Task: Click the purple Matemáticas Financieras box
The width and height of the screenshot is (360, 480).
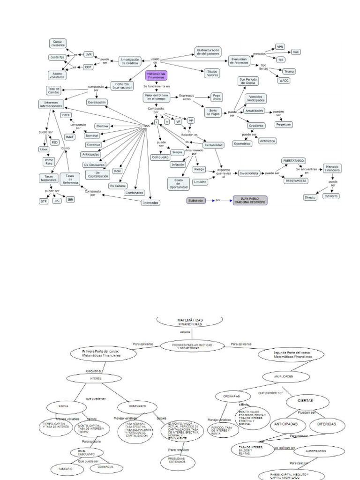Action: point(156,75)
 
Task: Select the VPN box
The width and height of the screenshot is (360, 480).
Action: point(280,47)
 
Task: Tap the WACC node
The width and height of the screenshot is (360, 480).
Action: point(285,81)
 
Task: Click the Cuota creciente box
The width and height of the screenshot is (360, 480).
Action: point(58,43)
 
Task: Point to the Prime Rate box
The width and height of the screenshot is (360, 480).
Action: point(49,161)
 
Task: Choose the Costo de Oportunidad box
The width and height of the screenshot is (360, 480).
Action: point(179,183)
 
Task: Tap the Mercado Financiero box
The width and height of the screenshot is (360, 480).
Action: point(332,169)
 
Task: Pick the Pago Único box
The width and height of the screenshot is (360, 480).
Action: point(217,97)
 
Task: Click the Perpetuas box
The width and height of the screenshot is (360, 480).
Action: point(283,125)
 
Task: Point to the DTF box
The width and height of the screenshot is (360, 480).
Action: point(44,201)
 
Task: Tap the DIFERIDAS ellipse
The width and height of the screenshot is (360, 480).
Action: point(326,424)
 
